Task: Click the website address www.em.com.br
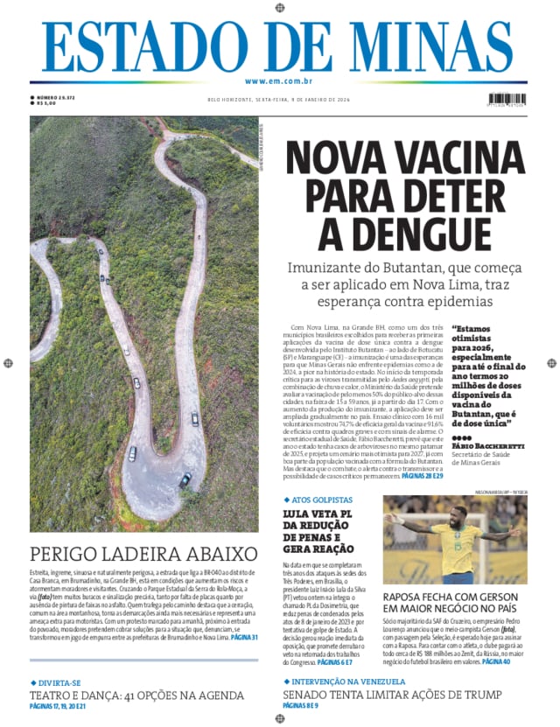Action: point(279,80)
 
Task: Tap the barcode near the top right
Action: point(507,100)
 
